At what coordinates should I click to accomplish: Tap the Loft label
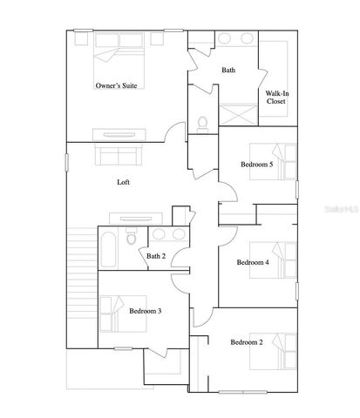click(125, 183)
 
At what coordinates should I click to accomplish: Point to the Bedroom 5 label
click(258, 165)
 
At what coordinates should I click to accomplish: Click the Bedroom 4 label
click(254, 262)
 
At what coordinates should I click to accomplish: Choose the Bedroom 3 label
click(146, 311)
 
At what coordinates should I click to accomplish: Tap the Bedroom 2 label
click(247, 342)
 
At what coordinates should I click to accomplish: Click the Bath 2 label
click(157, 256)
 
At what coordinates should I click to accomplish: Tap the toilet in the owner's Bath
click(202, 124)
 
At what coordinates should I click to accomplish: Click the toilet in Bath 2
click(132, 237)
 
